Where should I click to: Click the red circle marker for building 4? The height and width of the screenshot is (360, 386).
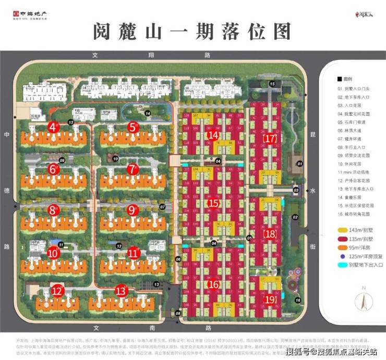point(53,127)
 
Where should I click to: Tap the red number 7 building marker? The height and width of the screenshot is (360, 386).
point(132,169)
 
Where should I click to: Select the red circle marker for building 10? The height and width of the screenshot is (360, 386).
point(53,253)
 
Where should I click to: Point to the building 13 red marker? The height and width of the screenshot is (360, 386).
point(122,291)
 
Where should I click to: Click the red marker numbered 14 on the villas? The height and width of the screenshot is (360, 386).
point(213,135)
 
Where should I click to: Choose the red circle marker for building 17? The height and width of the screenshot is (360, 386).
point(270,139)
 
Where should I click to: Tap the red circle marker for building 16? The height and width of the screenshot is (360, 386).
point(213,284)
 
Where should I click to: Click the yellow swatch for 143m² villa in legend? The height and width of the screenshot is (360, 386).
point(341,230)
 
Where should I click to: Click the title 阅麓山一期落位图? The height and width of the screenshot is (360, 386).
point(192,32)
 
